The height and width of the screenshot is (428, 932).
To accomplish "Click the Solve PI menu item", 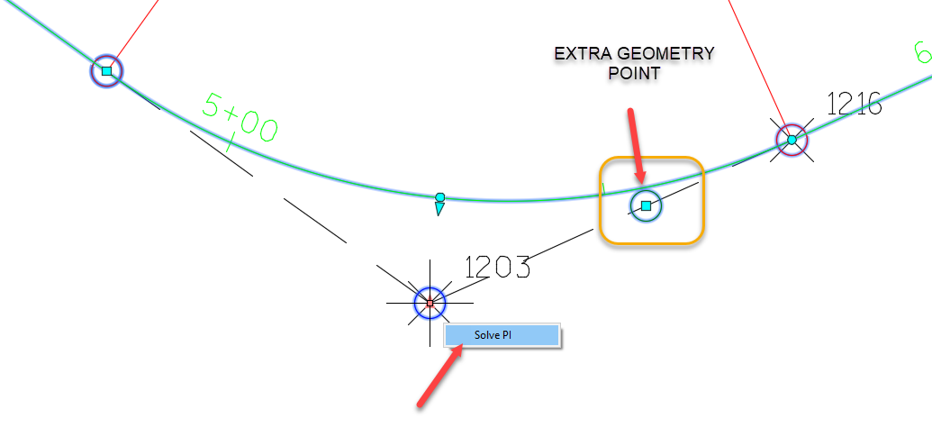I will coord(502,335).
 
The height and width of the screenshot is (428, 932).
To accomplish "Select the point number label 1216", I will coord(854,105).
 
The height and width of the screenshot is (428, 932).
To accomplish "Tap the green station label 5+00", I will coord(240,119).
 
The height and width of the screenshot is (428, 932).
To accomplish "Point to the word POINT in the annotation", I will coord(634,74).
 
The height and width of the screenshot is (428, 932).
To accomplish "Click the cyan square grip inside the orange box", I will coord(646,205).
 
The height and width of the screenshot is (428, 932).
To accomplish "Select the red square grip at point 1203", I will coord(430,304).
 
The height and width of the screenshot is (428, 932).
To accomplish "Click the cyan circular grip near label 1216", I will coord(792,140).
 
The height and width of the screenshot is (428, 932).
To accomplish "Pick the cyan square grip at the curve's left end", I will coord(106,70).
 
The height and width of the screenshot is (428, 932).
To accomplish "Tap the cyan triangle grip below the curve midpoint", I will coord(439,209).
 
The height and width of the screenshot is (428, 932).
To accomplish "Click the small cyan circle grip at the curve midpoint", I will coord(440,197).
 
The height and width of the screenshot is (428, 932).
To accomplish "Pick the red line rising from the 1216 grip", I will coord(756,63).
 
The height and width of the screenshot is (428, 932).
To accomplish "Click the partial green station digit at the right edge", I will coord(923,54).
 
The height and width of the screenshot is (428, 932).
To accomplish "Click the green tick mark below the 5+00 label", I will coord(231,142).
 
